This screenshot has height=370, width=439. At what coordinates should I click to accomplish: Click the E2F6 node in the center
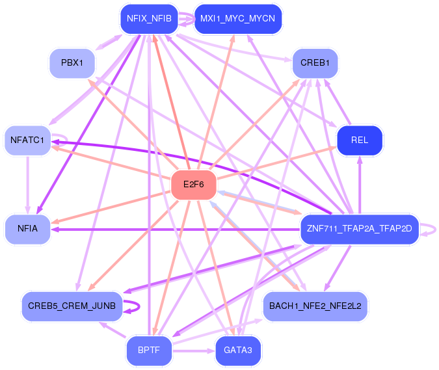click(x=194, y=185)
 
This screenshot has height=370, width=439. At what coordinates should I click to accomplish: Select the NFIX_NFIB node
click(x=149, y=19)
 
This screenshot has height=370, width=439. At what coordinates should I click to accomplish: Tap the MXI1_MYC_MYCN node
click(x=237, y=19)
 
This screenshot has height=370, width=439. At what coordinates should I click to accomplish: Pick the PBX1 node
click(x=72, y=63)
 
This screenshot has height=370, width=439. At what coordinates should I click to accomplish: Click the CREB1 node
click(x=315, y=63)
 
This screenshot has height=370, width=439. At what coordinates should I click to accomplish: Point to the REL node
click(x=360, y=140)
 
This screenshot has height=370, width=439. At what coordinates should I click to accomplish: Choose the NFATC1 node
click(x=27, y=140)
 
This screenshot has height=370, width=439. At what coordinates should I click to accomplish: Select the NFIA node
click(x=27, y=229)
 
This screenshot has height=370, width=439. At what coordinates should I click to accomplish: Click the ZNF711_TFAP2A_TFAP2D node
click(x=360, y=229)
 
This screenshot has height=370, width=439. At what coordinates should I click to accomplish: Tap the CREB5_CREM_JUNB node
click(x=72, y=306)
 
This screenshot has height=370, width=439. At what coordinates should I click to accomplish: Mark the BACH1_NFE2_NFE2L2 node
click(x=315, y=306)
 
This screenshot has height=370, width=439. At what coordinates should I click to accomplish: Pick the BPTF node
click(x=149, y=350)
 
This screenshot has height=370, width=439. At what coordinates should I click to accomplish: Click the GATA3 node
click(x=238, y=350)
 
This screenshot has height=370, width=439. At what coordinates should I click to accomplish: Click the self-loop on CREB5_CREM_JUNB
click(x=139, y=306)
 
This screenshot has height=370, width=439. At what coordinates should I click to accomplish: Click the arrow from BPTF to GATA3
click(x=194, y=350)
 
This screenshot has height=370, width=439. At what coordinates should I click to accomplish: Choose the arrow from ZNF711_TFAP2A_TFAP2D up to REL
click(x=360, y=185)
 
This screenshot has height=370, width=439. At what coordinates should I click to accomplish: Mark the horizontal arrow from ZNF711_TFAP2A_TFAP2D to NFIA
click(x=175, y=230)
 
